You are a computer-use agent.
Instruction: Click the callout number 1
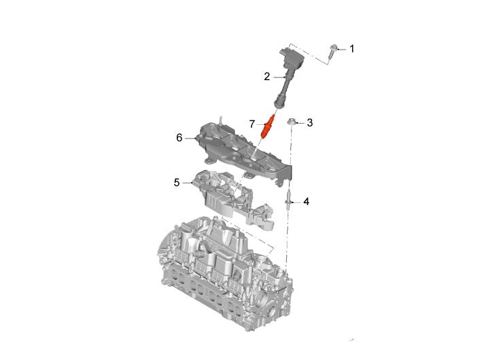click(x=352, y=49)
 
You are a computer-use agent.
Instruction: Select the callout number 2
click(x=267, y=77)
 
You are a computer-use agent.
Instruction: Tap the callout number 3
click(x=309, y=122)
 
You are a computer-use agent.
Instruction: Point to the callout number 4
click(x=307, y=202)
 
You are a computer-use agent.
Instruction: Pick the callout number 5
click(x=177, y=183)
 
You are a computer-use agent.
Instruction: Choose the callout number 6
click(x=179, y=138)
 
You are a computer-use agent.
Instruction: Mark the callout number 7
click(x=252, y=124)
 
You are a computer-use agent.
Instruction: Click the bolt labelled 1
click(x=332, y=52)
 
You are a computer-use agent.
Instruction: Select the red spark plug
click(x=267, y=126)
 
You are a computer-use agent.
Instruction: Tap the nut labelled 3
click(x=292, y=122)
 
